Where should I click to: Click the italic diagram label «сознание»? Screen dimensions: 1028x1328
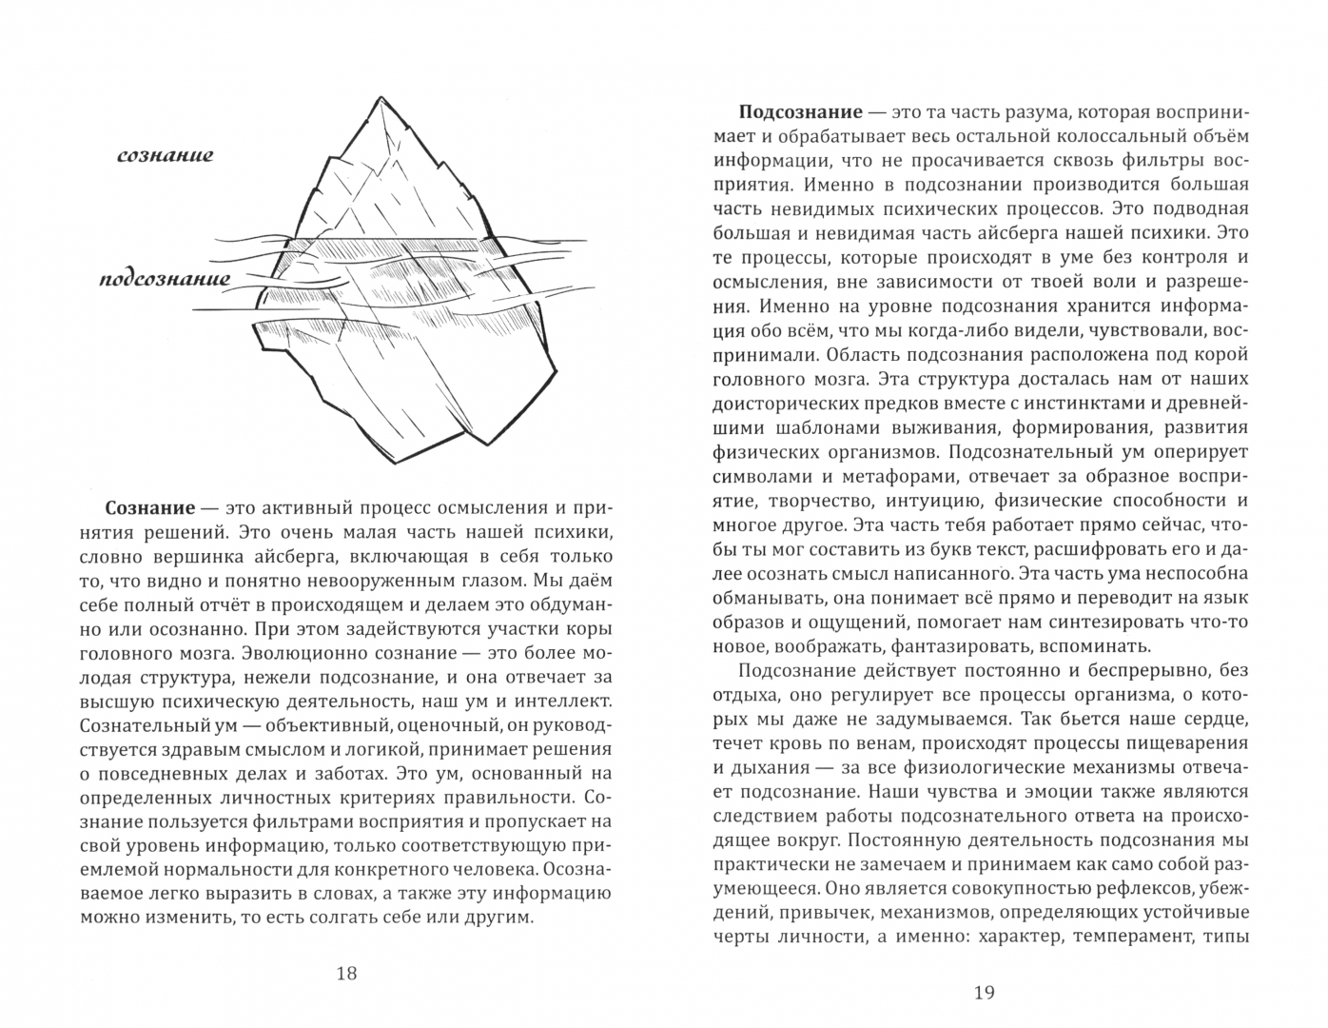tap(165, 155)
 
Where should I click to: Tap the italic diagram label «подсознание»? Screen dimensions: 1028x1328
tap(165, 280)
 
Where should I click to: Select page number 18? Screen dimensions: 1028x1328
tap(346, 973)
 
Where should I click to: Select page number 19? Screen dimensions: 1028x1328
tap(985, 993)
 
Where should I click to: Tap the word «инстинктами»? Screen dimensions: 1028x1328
tap(1070, 405)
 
